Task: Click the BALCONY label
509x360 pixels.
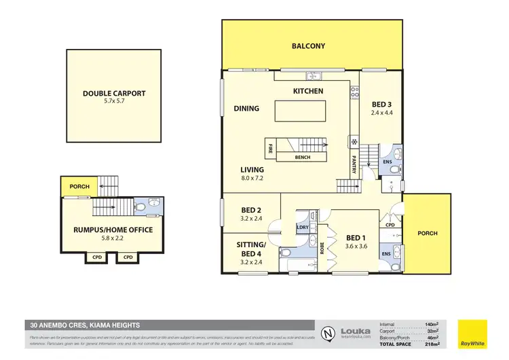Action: tap(308, 46)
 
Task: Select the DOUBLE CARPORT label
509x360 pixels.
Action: tap(114, 94)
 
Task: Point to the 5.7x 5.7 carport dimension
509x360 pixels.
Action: tap(114, 102)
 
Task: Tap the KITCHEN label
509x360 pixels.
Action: tap(307, 91)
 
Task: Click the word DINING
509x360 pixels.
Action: tap(246, 108)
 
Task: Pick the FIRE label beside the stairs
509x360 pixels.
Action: tap(270, 147)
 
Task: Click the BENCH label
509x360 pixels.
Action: tap(303, 158)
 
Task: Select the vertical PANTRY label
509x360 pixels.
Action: tap(354, 165)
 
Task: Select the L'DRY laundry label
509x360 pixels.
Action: tap(303, 228)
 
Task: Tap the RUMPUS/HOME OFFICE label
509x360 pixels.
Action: tap(113, 230)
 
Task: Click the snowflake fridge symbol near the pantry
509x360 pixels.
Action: tap(353, 142)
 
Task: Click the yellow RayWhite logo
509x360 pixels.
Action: tap(472, 333)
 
